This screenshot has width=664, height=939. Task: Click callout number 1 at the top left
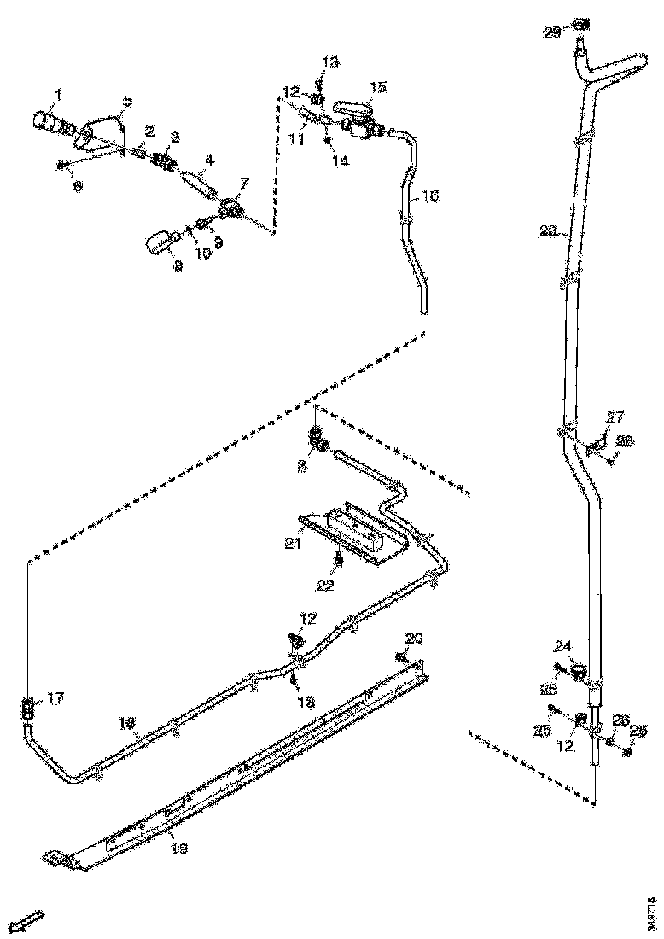58,93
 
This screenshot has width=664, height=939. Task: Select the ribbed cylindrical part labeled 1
51,124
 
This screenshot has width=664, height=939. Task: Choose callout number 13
330,62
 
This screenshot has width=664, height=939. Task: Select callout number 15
378,87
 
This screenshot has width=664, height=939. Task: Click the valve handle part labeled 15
355,109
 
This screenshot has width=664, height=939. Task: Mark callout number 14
341,160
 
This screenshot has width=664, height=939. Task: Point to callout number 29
552,32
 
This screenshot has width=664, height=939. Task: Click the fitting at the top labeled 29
580,23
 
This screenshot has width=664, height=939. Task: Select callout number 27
614,417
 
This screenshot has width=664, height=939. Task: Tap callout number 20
414,638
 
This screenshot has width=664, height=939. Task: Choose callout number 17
55,698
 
